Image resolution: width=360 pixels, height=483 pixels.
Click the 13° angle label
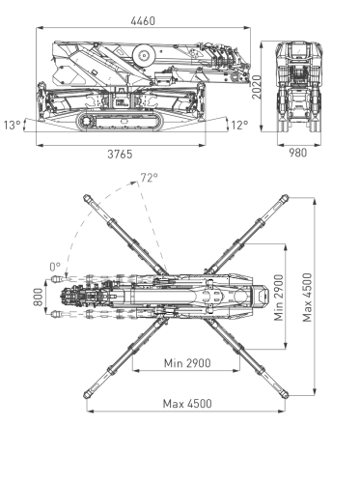tap(11, 125)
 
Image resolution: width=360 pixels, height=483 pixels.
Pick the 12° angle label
tap(239, 125)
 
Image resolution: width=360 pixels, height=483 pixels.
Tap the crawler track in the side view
tap(121, 120)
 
